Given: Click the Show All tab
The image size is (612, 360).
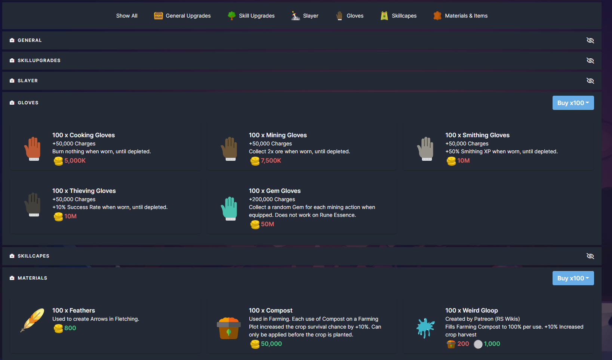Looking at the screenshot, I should (x=127, y=16).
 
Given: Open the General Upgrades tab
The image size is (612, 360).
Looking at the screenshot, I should (x=182, y=16).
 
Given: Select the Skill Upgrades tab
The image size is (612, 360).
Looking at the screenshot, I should (x=251, y=16).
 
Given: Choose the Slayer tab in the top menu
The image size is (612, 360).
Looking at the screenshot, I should (x=305, y=16).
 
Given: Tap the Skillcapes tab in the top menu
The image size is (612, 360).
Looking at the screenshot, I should (x=399, y=16).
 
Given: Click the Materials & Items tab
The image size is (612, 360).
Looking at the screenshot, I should (x=461, y=16).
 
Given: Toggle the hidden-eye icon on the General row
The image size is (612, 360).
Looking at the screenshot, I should (x=590, y=40).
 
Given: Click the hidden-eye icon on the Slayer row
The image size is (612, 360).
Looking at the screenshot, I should (x=590, y=81).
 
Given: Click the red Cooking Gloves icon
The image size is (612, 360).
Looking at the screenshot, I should (x=33, y=148).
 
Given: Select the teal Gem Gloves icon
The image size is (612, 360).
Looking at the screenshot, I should (x=229, y=208).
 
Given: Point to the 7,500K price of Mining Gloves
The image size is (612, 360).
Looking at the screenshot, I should (x=271, y=161).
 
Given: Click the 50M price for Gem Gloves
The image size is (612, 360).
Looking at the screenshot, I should (x=267, y=224).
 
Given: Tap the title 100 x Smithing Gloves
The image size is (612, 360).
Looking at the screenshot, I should (x=477, y=135).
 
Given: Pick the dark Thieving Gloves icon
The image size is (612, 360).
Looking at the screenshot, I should (x=33, y=204).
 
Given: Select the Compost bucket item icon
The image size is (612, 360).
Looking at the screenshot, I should (x=228, y=328).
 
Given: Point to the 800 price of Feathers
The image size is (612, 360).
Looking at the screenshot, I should (x=70, y=328).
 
